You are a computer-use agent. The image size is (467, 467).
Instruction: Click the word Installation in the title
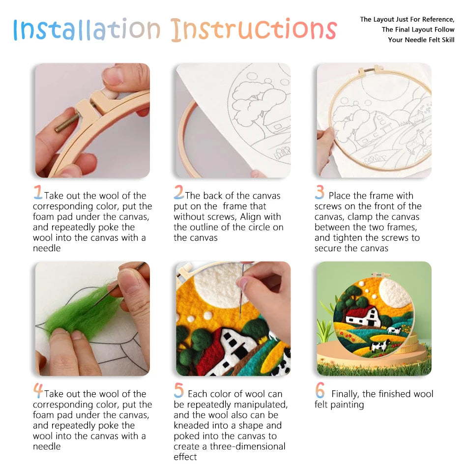pos(87,30)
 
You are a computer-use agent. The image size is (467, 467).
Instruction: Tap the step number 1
pos(38,192)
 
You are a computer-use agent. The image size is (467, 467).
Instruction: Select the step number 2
pos(178,192)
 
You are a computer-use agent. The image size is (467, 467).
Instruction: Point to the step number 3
pos(320,192)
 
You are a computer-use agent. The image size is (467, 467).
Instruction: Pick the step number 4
pos(38,390)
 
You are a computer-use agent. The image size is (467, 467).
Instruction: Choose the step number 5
pos(178,390)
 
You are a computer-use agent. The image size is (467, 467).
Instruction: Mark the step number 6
pos(320,390)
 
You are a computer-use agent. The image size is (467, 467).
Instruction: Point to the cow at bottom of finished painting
pos(379,346)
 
